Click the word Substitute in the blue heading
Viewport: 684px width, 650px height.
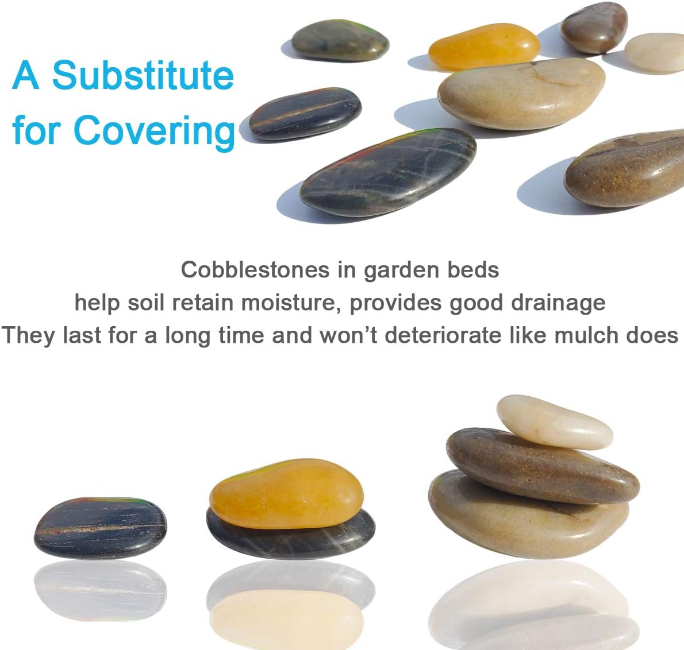point(143,75)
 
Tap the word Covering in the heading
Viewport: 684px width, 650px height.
point(155,131)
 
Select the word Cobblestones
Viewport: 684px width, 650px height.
point(255,270)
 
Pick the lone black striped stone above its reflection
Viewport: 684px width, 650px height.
point(101,528)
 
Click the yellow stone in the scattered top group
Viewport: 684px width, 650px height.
point(484,46)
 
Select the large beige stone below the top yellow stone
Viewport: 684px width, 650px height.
point(522,94)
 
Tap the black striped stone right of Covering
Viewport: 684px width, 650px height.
point(305,114)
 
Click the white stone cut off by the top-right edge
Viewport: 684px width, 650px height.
point(655,53)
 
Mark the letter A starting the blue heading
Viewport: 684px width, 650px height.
point(26,75)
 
